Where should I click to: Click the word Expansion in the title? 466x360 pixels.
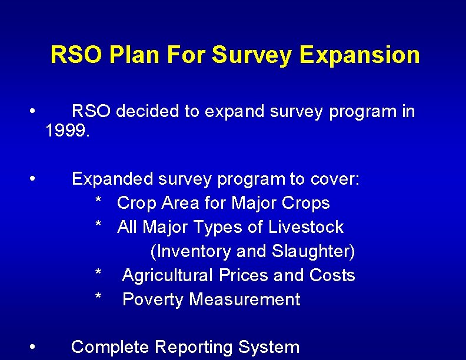pos(360,55)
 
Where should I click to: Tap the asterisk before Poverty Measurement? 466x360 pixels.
pos(99,300)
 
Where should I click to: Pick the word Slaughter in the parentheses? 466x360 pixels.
pos(311,251)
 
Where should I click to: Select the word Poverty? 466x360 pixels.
pos(153,299)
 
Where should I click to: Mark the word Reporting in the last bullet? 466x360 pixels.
pos(194,348)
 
